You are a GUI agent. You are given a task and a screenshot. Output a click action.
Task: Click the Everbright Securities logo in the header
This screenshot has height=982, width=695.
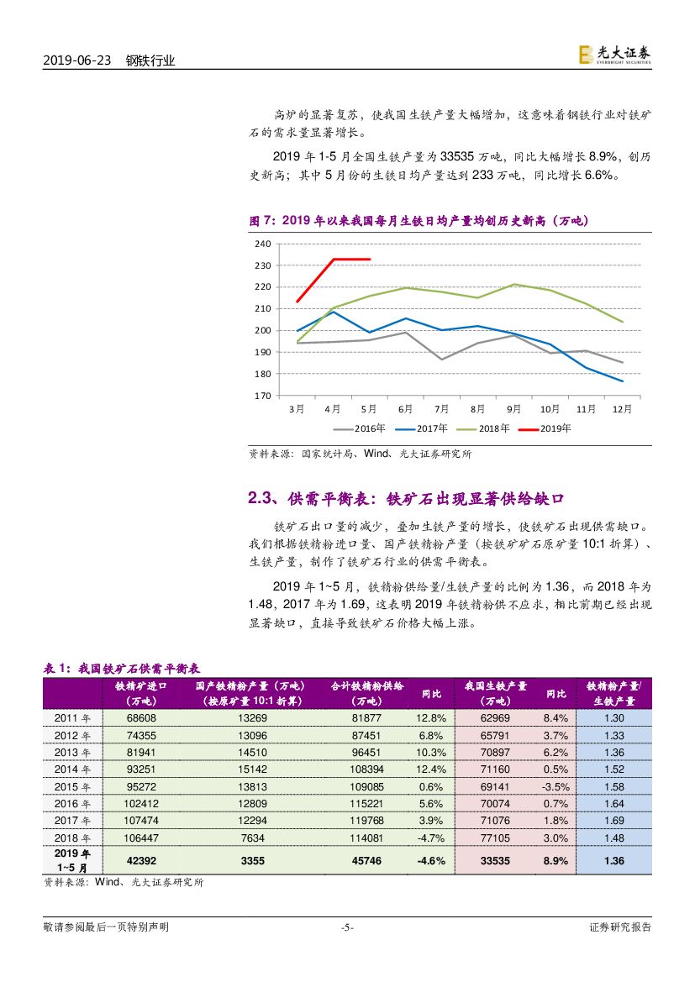point(613,55)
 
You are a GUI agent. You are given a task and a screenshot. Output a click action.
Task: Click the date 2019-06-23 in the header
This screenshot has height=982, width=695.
point(77,60)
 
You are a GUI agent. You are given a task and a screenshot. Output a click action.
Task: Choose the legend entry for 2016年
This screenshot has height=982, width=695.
point(361,428)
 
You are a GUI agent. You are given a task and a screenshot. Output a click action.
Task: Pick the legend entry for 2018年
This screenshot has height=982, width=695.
point(485,428)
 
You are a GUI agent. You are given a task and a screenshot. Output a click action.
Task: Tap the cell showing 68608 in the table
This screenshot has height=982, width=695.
point(140,718)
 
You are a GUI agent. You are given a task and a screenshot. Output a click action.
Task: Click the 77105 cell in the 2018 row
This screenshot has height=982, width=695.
point(494,837)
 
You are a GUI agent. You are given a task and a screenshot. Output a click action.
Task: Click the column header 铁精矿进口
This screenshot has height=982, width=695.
point(140,685)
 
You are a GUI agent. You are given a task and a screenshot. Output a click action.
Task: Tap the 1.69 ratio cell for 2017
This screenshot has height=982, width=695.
point(614,820)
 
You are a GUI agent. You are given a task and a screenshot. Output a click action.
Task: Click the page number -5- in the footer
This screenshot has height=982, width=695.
point(347,927)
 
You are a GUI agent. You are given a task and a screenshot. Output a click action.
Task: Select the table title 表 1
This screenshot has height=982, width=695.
point(121,669)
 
